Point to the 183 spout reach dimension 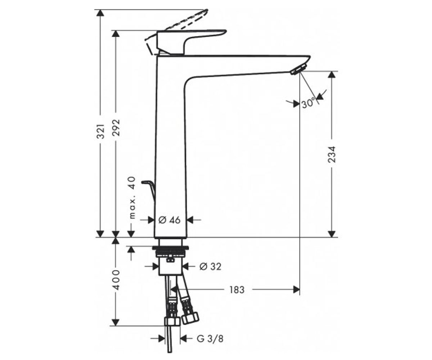pyautogui.click(x=237, y=290)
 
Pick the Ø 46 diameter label pyautogui.click(x=170, y=220)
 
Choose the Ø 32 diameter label pyautogui.click(x=210, y=266)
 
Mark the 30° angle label pyautogui.click(x=309, y=103)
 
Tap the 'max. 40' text pyautogui.click(x=132, y=198)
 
